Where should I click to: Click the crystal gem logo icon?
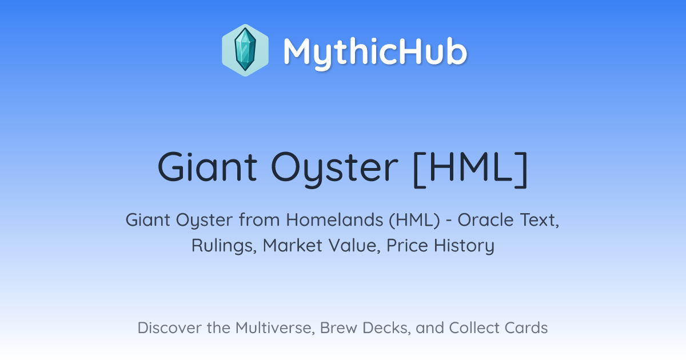tap(245, 50)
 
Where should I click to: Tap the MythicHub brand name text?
tap(375, 52)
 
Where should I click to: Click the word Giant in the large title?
tap(208, 167)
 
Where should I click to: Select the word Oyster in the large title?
tap(335, 169)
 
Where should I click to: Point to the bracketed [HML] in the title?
tap(470, 169)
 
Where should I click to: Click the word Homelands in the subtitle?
tap(334, 220)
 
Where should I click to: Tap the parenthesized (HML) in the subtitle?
tap(414, 220)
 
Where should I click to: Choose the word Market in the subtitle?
tap(293, 246)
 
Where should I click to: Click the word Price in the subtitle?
tap(407, 246)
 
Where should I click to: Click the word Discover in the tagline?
tap(169, 328)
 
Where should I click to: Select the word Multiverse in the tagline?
tap(276, 328)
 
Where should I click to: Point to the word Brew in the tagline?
tap(338, 328)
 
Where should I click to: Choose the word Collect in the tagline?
tap(474, 328)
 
